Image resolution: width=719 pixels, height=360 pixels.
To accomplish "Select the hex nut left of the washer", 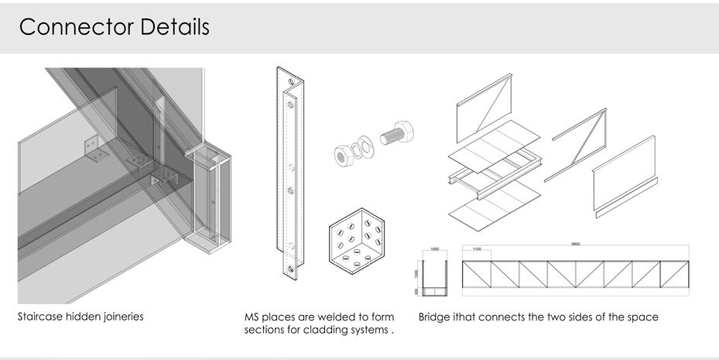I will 341,153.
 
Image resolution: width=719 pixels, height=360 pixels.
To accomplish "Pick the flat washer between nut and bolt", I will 360,147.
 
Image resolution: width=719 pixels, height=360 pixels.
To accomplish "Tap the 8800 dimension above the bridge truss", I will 575,244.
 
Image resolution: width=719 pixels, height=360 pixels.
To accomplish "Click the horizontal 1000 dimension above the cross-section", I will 435,249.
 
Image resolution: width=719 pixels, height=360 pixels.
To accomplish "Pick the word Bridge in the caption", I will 434,317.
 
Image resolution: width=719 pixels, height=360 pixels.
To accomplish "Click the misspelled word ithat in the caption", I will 466,317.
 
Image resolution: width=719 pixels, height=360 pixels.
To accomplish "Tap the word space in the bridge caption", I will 643,317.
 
